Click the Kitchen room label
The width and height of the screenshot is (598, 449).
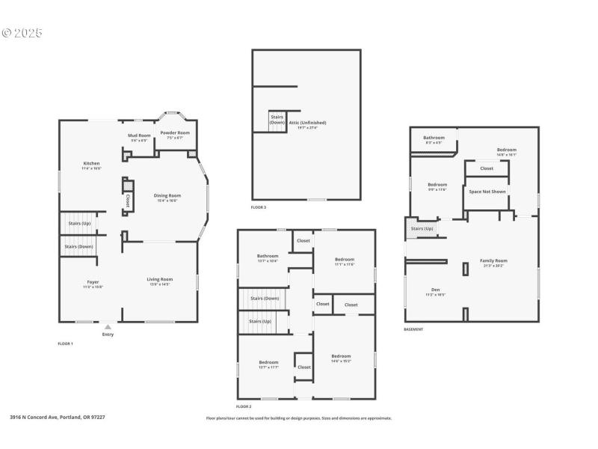(x=90, y=164)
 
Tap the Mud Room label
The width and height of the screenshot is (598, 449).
(x=141, y=136)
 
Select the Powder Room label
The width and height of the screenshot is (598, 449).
(x=175, y=132)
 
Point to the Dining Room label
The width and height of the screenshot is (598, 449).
(x=168, y=196)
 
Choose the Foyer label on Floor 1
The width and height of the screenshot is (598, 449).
(x=93, y=283)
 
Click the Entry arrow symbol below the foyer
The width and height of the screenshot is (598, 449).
(x=108, y=327)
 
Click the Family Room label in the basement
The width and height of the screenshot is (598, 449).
(x=493, y=261)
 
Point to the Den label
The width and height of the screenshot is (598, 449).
(x=436, y=290)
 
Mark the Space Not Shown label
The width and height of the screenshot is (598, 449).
(x=487, y=192)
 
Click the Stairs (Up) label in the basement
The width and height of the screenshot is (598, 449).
(x=422, y=228)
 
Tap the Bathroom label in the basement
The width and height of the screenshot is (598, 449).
(x=434, y=138)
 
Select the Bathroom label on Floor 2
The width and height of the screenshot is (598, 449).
(x=268, y=257)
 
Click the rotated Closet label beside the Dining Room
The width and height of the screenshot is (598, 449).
(x=128, y=201)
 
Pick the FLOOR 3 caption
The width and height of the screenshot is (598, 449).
(x=259, y=207)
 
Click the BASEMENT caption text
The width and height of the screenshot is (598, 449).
(x=414, y=329)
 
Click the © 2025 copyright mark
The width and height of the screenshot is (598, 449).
(x=22, y=33)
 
